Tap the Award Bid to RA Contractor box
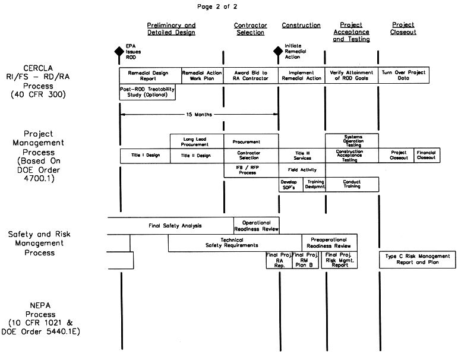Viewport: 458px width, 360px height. tap(251, 75)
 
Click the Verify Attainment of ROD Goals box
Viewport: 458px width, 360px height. tap(351, 75)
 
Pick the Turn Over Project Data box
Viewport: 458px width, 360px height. tap(403, 75)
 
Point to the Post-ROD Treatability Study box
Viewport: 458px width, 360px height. tap(148, 93)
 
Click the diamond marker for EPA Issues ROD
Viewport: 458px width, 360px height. tap(119, 51)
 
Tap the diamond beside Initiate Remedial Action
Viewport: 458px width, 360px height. tap(277, 51)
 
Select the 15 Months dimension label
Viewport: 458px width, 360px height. tap(199, 114)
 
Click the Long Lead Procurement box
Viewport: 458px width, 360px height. tap(197, 141)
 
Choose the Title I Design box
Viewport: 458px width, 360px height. tap(144, 156)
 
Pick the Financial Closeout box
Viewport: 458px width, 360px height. tap(426, 156)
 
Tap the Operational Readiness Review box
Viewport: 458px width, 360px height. tap(256, 225)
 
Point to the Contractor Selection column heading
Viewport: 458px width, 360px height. tap(250, 29)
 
